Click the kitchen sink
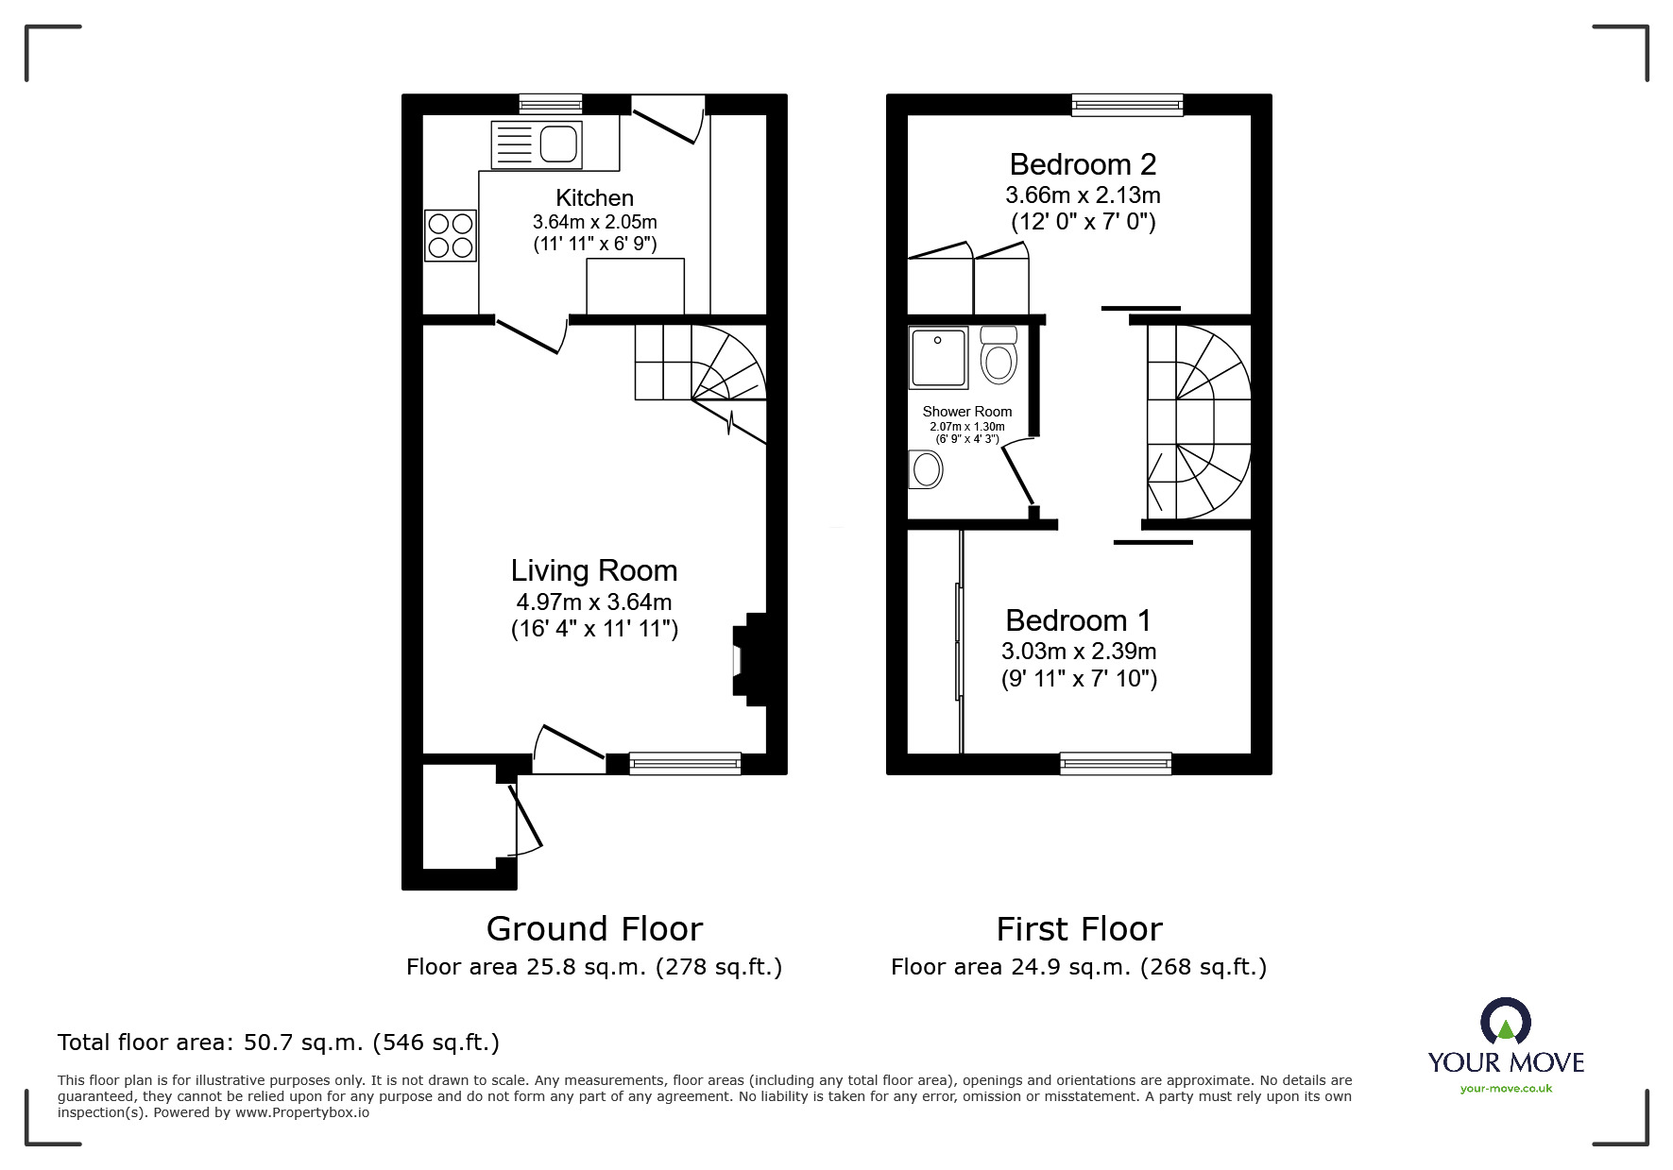tap(536, 145)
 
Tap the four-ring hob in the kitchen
tap(450, 235)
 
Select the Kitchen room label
tap(594, 198)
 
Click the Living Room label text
tap(594, 570)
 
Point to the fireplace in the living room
tap(753, 659)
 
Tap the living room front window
tap(685, 763)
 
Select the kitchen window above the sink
tap(551, 104)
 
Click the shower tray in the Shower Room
tap(938, 358)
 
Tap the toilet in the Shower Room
tap(998, 354)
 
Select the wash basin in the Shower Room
tap(926, 469)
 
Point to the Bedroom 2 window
tap(1127, 105)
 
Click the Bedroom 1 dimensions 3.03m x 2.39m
tap(1079, 652)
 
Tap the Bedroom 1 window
tap(1116, 763)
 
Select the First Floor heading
tap(1079, 929)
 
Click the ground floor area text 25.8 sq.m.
tap(593, 967)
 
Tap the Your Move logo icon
tap(1505, 1022)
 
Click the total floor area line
tap(279, 1043)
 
